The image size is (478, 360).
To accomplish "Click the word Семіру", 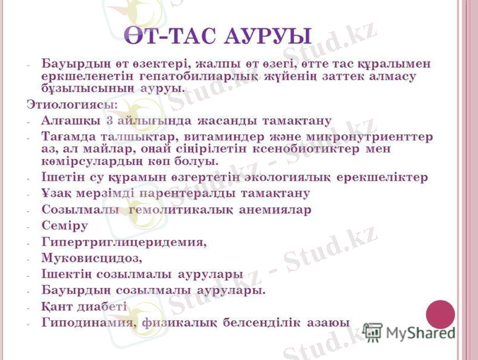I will (65, 226).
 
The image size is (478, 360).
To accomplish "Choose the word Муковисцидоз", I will (91, 259).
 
